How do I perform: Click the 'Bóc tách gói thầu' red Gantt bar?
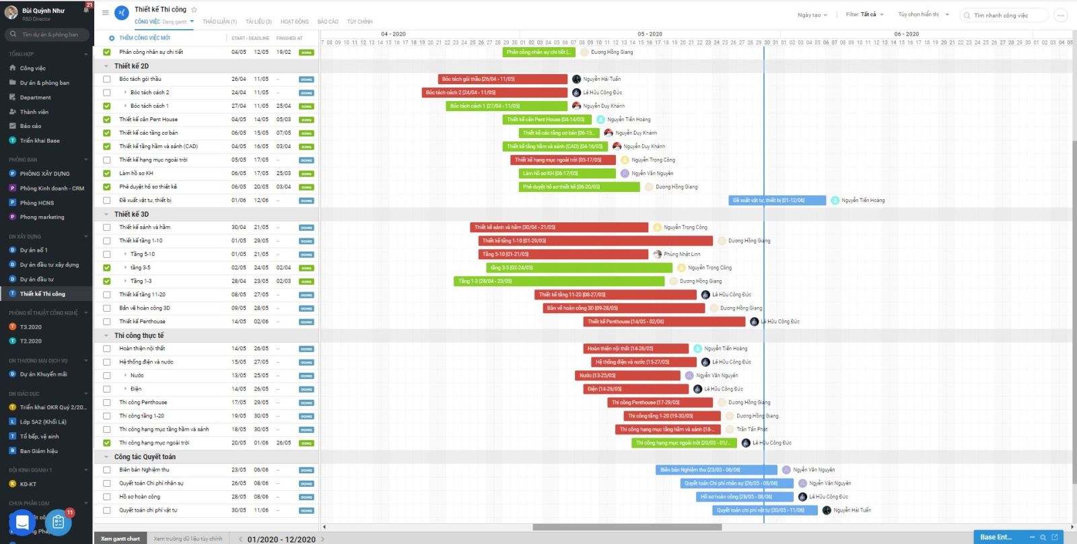pyautogui.click(x=502, y=79)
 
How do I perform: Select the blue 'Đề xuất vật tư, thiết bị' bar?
pyautogui.click(x=777, y=200)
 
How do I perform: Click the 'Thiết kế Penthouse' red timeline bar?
pyautogui.click(x=664, y=321)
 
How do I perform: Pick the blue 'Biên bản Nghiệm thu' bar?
pyautogui.click(x=716, y=469)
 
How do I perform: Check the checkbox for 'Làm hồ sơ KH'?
pyautogui.click(x=106, y=173)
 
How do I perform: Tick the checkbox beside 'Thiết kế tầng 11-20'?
pyautogui.click(x=106, y=294)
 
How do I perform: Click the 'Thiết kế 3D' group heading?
pyautogui.click(x=131, y=214)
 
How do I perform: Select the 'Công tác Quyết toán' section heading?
pyautogui.click(x=145, y=456)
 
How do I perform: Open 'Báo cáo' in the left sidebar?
pyautogui.click(x=30, y=126)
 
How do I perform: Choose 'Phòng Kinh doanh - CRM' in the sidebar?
pyautogui.click(x=52, y=189)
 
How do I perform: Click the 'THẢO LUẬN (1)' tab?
pyautogui.click(x=219, y=22)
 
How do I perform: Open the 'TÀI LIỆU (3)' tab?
pyautogui.click(x=258, y=22)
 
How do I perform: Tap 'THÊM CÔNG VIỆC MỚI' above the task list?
pyautogui.click(x=144, y=38)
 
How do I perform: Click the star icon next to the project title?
pyautogui.click(x=195, y=9)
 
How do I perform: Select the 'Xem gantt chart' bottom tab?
pyautogui.click(x=120, y=539)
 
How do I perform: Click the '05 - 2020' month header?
pyautogui.click(x=650, y=34)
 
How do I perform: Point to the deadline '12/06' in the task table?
pyautogui.click(x=260, y=200)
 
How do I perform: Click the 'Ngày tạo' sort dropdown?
pyautogui.click(x=812, y=15)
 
